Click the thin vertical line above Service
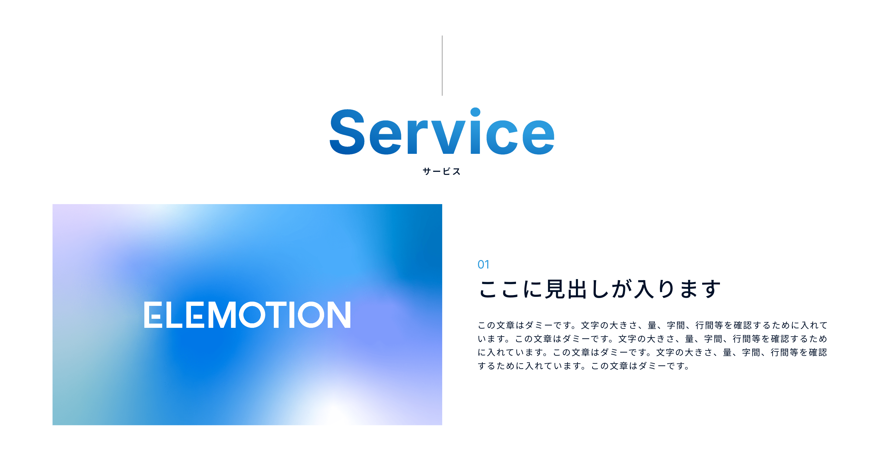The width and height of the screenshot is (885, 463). click(x=442, y=65)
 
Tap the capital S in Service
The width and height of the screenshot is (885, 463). click(x=347, y=132)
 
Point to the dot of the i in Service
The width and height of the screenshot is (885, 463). click(x=475, y=112)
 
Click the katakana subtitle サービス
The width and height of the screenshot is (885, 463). click(x=442, y=171)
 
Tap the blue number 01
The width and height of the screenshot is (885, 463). click(x=483, y=265)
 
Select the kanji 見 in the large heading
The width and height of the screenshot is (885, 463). click(x=555, y=289)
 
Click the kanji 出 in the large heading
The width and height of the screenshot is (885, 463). click(x=577, y=289)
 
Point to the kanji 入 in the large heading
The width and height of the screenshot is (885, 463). click(x=643, y=289)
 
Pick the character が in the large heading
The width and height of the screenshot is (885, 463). click(x=622, y=289)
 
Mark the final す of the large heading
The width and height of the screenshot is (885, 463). click(x=711, y=289)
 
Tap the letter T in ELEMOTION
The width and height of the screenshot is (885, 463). click(x=278, y=315)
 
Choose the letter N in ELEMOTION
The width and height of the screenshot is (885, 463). click(x=339, y=315)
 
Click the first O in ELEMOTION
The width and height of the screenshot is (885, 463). click(x=252, y=315)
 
